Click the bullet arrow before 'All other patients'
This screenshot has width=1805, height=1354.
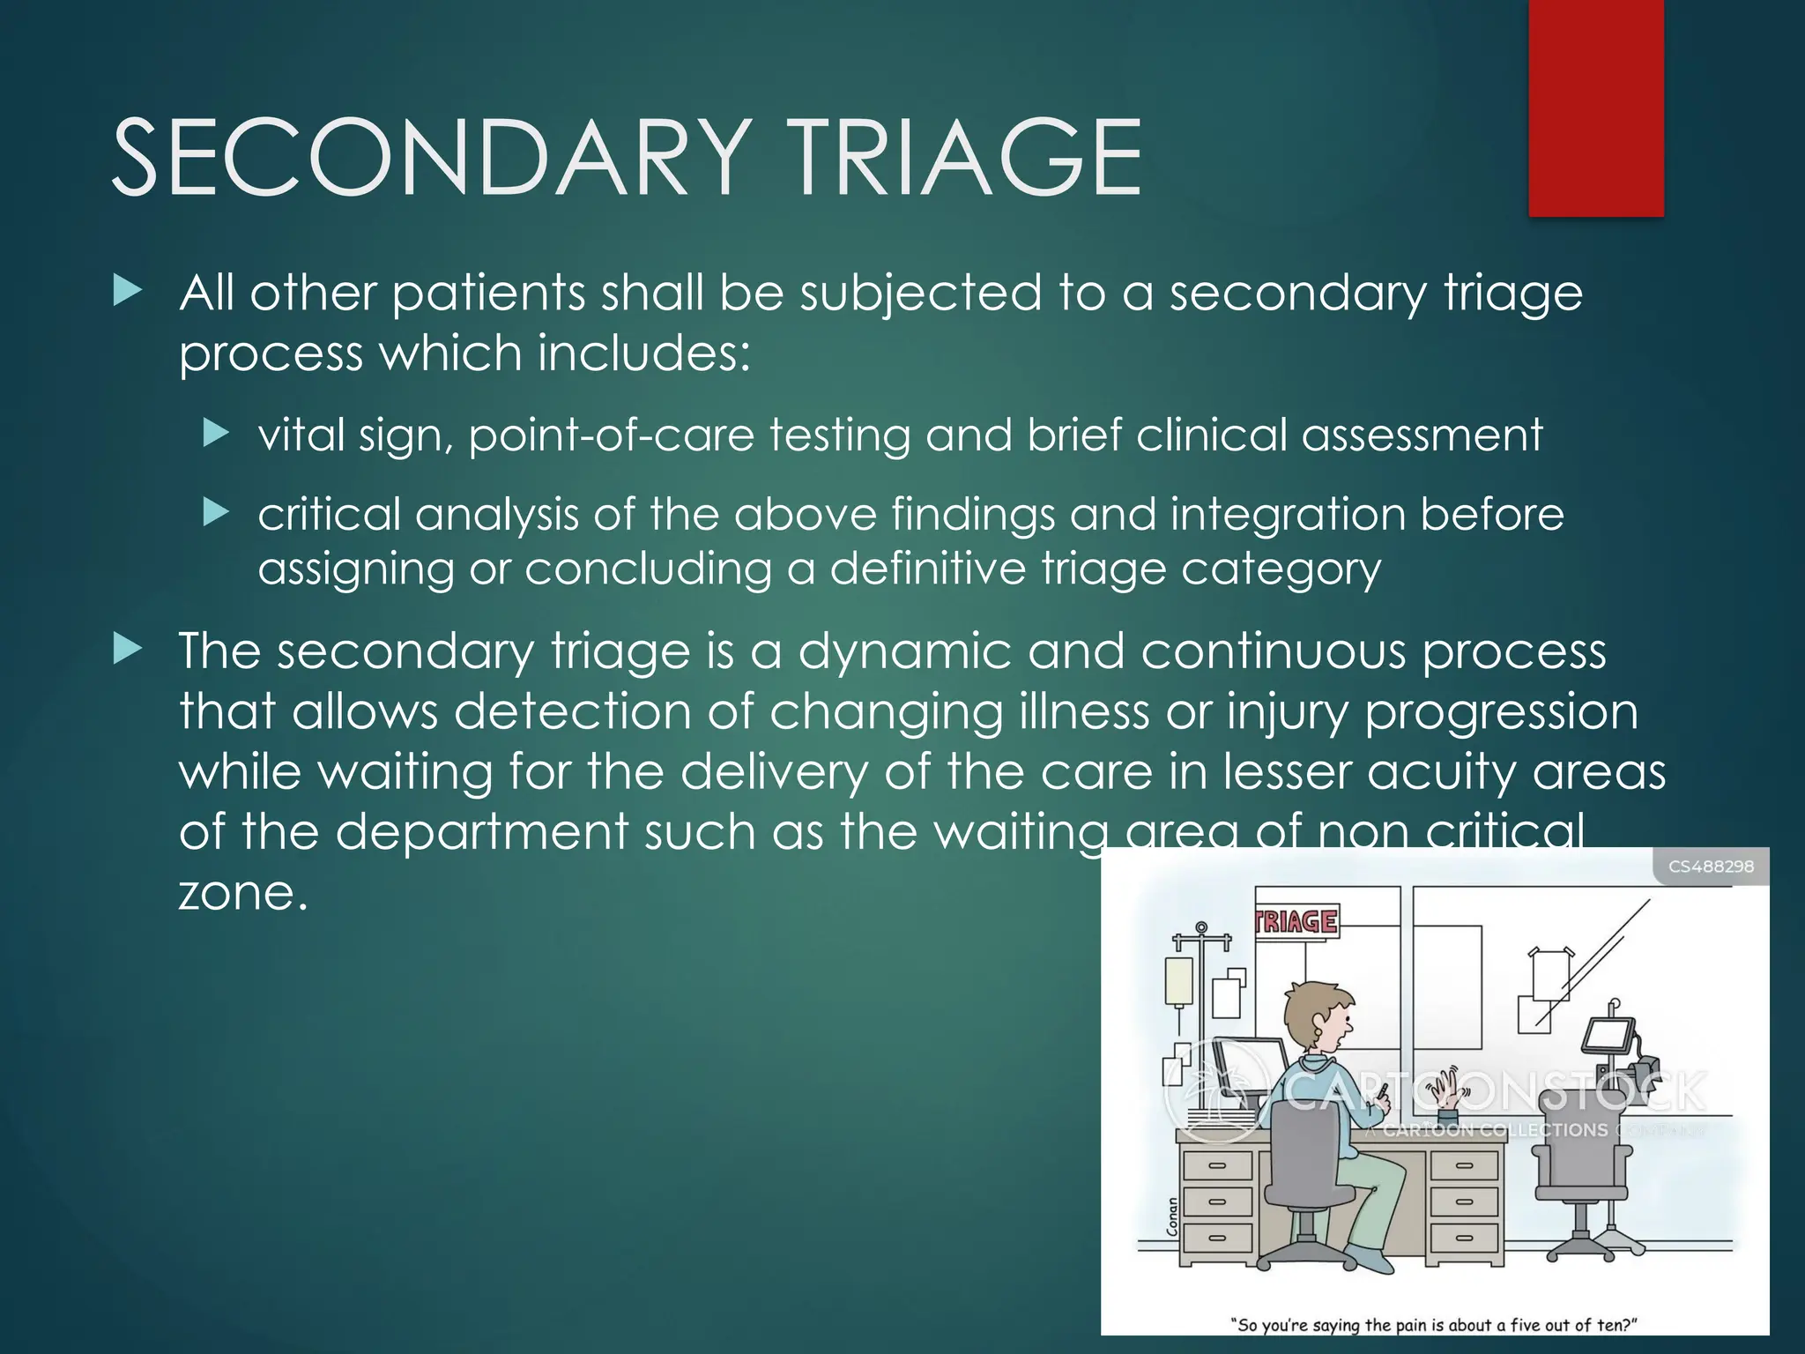coord(129,292)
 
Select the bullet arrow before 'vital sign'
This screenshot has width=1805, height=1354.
coord(216,433)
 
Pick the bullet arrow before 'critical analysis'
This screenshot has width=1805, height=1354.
coord(216,511)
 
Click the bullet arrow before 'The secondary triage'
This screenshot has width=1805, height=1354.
coord(129,651)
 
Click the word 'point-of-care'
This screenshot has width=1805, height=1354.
coord(611,435)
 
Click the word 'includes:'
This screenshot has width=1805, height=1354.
coord(643,353)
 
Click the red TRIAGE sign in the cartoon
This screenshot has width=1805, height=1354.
coord(1296,921)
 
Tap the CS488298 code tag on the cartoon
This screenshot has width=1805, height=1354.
coord(1711,867)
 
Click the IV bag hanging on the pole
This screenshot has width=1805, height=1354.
coord(1178,981)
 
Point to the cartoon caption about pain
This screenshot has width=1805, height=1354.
coord(1433,1325)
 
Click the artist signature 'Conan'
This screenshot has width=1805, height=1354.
coord(1172,1216)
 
